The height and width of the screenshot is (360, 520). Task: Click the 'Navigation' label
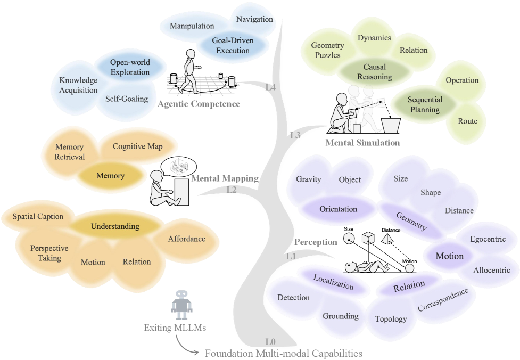point(254,20)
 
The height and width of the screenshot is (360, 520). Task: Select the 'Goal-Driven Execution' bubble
point(233,45)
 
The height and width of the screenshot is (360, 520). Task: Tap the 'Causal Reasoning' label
point(374,72)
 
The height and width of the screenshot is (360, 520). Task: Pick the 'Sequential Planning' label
point(425,104)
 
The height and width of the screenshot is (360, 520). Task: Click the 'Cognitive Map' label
point(137,146)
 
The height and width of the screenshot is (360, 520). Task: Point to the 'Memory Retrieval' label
point(70,152)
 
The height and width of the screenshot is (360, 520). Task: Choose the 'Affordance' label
point(186,239)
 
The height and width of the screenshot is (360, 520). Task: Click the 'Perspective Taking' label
point(49,253)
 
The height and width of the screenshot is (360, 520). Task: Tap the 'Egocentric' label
point(488,239)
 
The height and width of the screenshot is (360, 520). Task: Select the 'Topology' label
point(391,319)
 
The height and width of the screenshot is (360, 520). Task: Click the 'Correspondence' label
point(443,300)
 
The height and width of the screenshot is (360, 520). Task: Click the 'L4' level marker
point(270,87)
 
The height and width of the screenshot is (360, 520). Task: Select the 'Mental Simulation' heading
point(362,142)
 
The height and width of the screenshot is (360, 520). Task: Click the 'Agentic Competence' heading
point(199,104)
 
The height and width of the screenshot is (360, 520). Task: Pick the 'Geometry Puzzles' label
point(327,50)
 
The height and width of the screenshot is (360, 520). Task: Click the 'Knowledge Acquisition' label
point(78,85)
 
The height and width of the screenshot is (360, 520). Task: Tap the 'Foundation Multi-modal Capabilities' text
point(284,353)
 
